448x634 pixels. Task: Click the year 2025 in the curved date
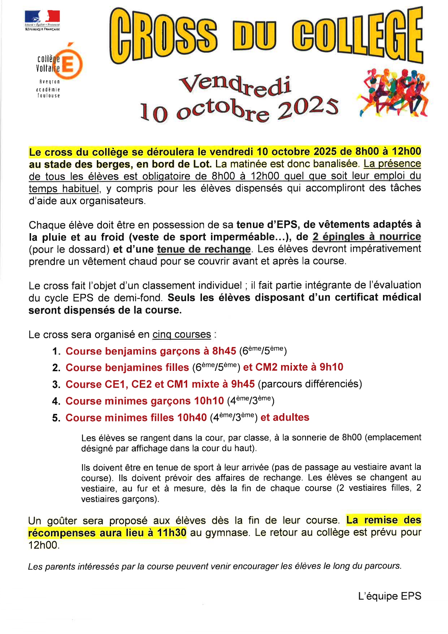click(308, 109)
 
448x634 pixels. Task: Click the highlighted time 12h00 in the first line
click(406, 151)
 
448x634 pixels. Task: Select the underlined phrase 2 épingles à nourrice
click(366, 237)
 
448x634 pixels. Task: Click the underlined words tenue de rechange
click(204, 249)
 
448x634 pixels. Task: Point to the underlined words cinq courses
click(182, 334)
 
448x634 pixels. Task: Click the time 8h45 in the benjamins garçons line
click(224, 351)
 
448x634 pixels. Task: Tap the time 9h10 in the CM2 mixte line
click(331, 367)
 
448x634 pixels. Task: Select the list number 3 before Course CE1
click(56, 385)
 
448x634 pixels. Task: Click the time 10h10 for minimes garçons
click(209, 401)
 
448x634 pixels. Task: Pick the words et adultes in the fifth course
click(285, 417)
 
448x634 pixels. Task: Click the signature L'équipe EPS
click(389, 596)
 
